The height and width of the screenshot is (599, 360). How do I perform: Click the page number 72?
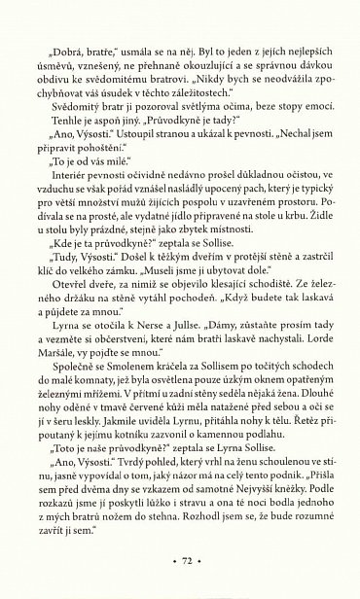179,563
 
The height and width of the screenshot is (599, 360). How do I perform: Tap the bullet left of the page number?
161,563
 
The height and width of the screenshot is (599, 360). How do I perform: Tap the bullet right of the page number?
198,563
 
